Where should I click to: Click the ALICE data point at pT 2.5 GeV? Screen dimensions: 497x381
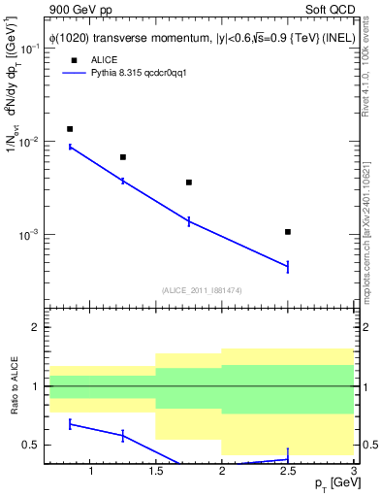tap(288, 232)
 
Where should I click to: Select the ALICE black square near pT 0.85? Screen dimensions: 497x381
tap(70, 129)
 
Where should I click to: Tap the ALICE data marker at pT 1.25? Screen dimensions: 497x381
tap(122, 157)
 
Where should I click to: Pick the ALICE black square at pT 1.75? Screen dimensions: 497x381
tap(189, 182)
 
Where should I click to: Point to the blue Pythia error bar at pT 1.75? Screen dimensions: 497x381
tap(189, 221)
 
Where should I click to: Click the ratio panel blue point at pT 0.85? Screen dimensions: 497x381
tap(70, 424)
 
